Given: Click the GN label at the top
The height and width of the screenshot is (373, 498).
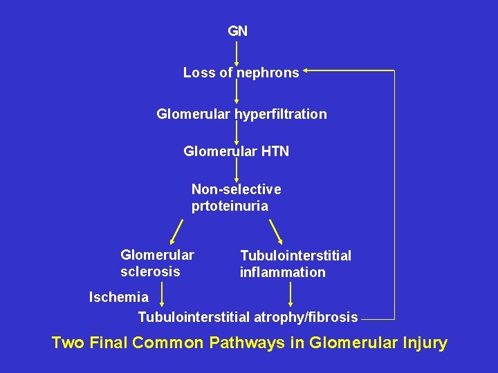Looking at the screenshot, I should (x=237, y=31).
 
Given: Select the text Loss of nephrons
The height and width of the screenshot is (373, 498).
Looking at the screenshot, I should (x=241, y=73).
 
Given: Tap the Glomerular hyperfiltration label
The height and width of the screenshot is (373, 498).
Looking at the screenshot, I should (x=241, y=114).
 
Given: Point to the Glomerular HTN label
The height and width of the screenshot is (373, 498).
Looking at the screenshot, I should (x=236, y=151).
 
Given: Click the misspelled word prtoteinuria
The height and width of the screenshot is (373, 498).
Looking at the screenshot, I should (x=230, y=206).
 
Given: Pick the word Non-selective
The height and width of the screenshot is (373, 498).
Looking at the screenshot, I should (x=236, y=189).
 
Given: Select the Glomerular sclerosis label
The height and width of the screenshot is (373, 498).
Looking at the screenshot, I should (x=157, y=263).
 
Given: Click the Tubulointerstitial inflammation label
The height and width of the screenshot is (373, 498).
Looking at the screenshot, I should (x=295, y=264).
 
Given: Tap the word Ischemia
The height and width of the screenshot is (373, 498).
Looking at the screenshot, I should (x=119, y=297).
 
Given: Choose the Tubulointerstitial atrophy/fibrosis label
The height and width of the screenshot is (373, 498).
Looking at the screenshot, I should (x=248, y=317).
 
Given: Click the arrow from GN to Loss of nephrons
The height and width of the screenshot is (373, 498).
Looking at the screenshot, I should (x=237, y=52).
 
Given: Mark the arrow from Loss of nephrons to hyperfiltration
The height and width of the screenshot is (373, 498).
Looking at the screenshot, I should (x=237, y=91).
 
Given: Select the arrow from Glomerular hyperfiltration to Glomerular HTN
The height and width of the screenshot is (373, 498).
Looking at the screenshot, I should (x=237, y=132).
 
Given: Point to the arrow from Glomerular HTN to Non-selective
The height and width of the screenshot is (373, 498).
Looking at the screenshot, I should (x=237, y=169).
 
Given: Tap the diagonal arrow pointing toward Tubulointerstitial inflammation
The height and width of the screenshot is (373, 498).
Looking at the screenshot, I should (x=275, y=231).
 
